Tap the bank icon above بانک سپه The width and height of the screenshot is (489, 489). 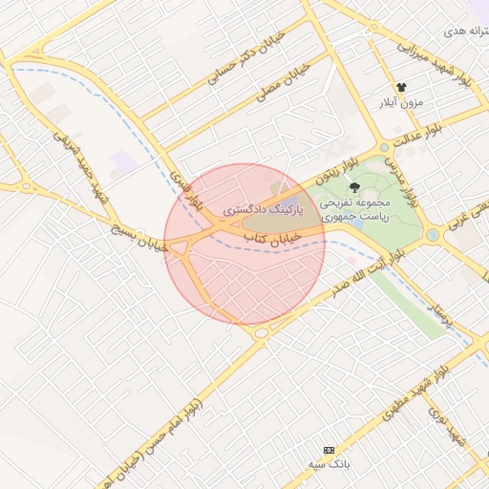(x=330, y=450)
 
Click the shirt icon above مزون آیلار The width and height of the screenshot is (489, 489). (x=401, y=87)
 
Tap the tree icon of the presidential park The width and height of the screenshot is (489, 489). (x=355, y=187)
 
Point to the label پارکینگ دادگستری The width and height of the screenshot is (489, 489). (x=263, y=207)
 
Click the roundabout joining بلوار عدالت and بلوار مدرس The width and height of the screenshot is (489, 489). (x=384, y=148)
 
